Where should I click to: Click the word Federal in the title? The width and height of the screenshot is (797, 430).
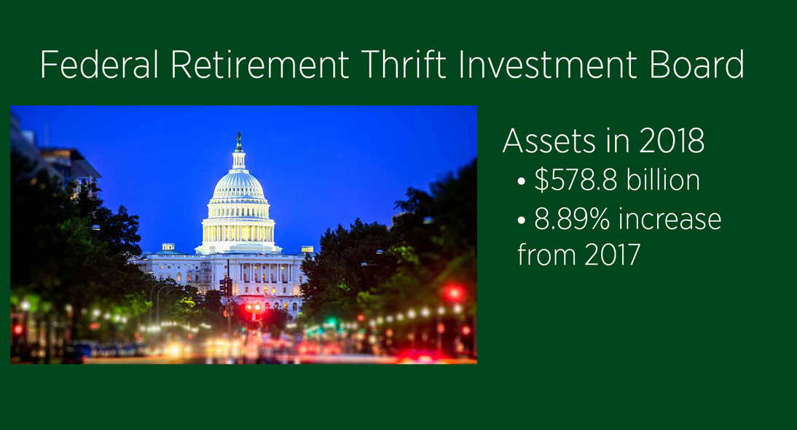(100, 65)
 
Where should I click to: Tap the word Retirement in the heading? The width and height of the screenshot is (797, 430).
(260, 65)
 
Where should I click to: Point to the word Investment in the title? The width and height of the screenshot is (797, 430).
(547, 65)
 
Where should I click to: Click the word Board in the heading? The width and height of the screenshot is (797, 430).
(697, 65)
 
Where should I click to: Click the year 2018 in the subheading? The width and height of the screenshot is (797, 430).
(672, 141)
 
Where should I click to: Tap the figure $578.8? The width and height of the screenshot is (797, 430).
(576, 180)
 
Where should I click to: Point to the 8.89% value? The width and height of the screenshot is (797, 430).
(572, 219)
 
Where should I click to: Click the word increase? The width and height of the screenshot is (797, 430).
(670, 219)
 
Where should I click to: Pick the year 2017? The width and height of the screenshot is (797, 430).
(612, 254)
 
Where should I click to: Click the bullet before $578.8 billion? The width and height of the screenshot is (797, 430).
(521, 181)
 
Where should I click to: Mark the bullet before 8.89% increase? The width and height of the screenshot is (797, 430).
(521, 221)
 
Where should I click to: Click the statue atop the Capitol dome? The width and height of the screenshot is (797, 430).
(238, 141)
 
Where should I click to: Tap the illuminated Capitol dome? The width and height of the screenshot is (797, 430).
(238, 186)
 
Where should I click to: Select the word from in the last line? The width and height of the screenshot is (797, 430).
(547, 254)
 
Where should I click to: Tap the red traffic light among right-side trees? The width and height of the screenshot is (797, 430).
(453, 293)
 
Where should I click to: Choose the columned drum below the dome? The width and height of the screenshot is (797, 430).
(238, 231)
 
